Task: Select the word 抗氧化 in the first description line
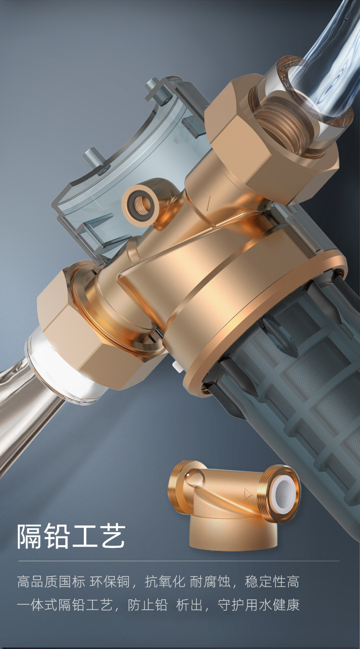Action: point(165,582)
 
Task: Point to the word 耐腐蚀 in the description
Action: point(210,582)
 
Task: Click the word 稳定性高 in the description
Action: point(272,582)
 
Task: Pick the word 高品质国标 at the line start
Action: point(51,582)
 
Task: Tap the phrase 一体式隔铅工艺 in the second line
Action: point(65,605)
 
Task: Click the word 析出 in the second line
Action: point(189,605)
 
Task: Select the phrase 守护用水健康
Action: point(259,605)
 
